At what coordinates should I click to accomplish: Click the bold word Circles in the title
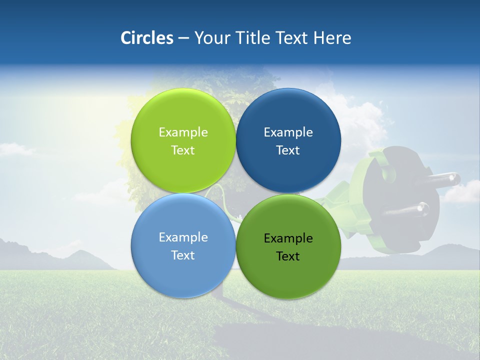coord(146,38)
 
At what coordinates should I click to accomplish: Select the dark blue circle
coord(288,115)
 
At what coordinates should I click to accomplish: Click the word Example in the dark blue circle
coord(288,132)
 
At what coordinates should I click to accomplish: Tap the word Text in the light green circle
coord(183,150)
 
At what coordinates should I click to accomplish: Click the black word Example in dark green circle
coord(288,238)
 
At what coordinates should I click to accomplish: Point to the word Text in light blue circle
coord(183,255)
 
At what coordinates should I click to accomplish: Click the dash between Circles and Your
coord(183,38)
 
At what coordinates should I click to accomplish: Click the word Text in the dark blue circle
coord(288,150)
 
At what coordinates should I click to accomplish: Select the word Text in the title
coord(292,38)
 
